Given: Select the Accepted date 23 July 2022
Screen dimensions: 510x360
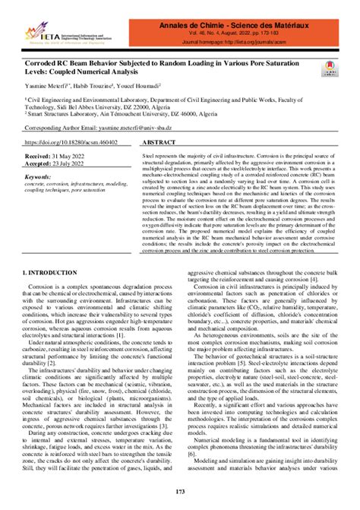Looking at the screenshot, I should tap(80, 163).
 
